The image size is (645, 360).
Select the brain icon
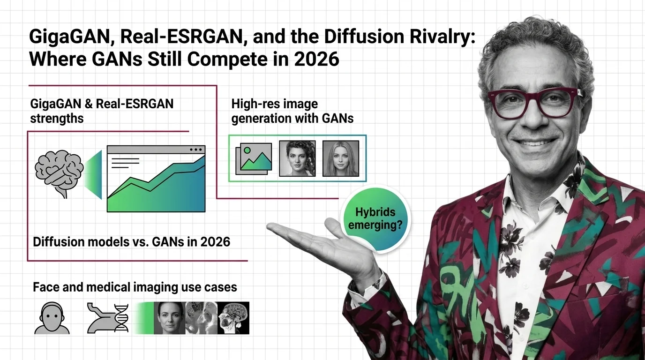coord(59,173)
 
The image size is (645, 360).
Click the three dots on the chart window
coord(196,150)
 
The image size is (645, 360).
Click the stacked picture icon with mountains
coord(254,159)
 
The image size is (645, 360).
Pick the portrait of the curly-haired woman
coord(298,158)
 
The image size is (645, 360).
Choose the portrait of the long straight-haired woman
coord(341,158)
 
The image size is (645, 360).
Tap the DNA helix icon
coord(121,318)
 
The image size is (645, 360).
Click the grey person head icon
coord(52,318)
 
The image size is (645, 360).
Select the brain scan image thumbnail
coord(233,318)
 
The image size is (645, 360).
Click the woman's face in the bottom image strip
coord(169,318)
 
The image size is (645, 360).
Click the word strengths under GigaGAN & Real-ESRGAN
coord(57,119)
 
